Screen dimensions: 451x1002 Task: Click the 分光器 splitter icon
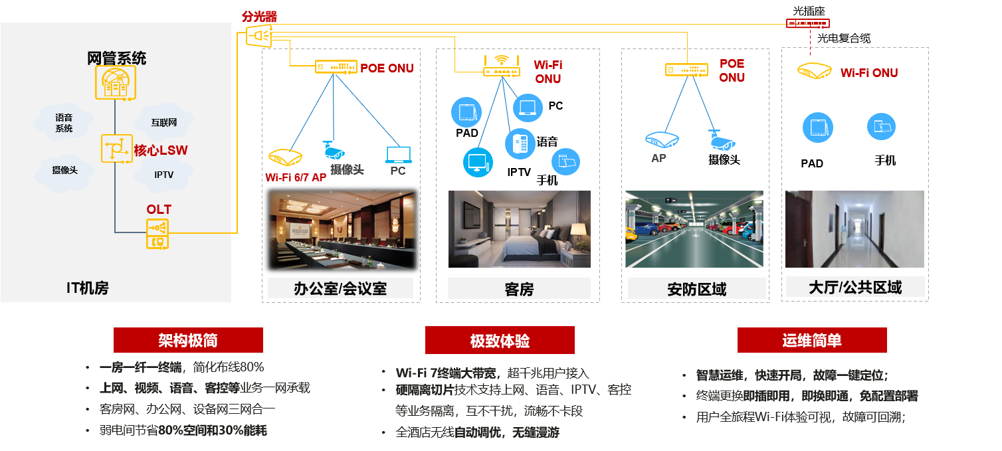click(259, 36)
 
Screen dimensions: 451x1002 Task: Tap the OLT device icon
click(158, 234)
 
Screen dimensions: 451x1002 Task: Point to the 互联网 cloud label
click(163, 123)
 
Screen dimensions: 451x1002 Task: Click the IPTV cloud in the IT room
click(163, 175)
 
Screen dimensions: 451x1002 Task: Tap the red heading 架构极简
click(188, 340)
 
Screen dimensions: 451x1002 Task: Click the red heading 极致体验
click(500, 340)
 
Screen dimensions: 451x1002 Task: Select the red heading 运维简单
click(812, 340)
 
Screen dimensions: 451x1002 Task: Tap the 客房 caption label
click(519, 289)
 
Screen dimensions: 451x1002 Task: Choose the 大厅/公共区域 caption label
click(855, 288)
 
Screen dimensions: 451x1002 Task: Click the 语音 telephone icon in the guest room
click(520, 143)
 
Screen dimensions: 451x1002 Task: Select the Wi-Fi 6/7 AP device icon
click(285, 157)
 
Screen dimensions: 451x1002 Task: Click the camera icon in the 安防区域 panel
click(720, 139)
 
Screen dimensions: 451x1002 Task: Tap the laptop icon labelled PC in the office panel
click(399, 155)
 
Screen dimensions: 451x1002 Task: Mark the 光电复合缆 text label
click(844, 39)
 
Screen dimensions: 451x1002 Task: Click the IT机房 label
click(87, 288)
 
